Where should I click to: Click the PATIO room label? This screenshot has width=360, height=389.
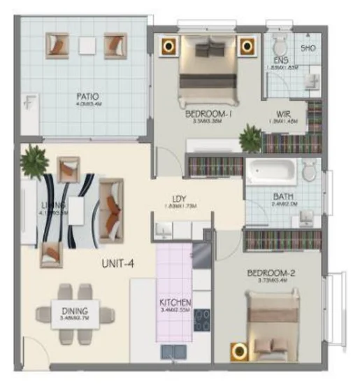[x=87, y=96]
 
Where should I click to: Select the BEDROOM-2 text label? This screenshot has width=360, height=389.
[x=267, y=274]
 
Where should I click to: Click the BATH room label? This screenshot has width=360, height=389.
[x=283, y=197]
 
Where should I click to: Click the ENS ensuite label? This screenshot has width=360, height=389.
[x=281, y=59]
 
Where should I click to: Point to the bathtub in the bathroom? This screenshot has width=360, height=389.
[x=269, y=171]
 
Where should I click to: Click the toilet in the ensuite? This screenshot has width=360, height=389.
[x=277, y=45]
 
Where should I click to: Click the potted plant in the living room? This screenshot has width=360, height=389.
[x=34, y=162]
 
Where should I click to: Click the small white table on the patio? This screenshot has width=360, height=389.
[x=86, y=45]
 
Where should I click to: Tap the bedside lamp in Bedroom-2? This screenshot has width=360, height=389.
[x=240, y=351]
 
